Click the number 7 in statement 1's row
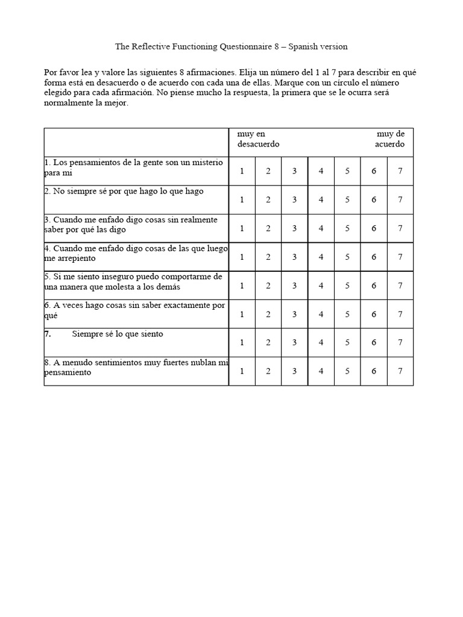click(x=400, y=171)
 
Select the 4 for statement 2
click(x=321, y=199)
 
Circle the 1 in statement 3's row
click(x=242, y=228)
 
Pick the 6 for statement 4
click(x=374, y=257)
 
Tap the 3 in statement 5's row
click(x=294, y=286)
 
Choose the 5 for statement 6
click(x=347, y=314)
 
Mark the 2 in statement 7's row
click(x=268, y=342)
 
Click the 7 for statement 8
click(x=400, y=371)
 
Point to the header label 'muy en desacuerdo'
click(x=258, y=139)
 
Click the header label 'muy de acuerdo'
click(x=390, y=139)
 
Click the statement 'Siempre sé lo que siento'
click(x=118, y=334)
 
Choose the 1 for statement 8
click(x=242, y=371)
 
